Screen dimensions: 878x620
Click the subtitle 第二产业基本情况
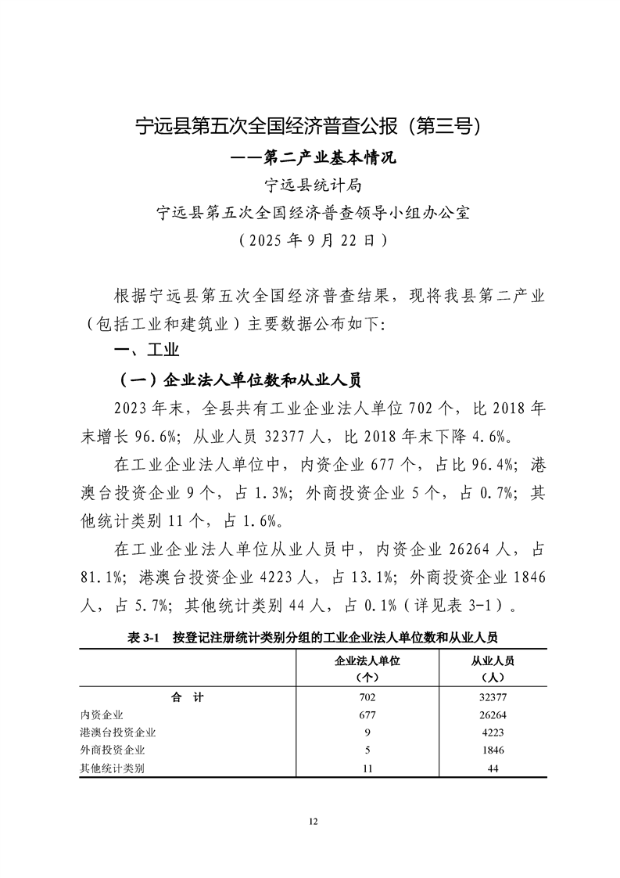310,158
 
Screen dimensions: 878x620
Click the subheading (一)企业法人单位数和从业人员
238,381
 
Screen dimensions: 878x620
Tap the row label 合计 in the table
188,696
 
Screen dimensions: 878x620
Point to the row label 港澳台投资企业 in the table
118,732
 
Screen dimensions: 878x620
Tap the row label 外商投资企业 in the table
113,750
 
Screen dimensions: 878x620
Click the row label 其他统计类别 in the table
113,768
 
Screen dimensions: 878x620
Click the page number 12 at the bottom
313,821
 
